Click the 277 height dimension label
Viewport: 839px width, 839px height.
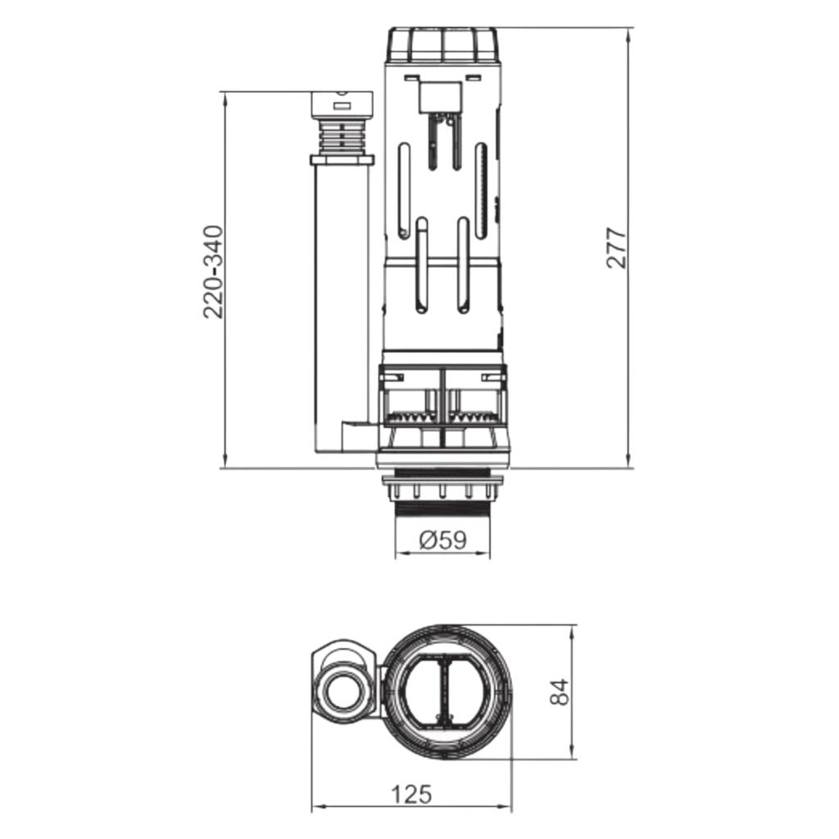pos(615,247)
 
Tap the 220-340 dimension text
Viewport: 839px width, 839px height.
pos(213,272)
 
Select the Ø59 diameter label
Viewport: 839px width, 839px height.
pos(443,539)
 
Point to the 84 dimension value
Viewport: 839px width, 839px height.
pos(559,692)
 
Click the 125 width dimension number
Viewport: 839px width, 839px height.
pos(411,795)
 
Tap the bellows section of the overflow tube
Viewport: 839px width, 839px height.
pos(342,137)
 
